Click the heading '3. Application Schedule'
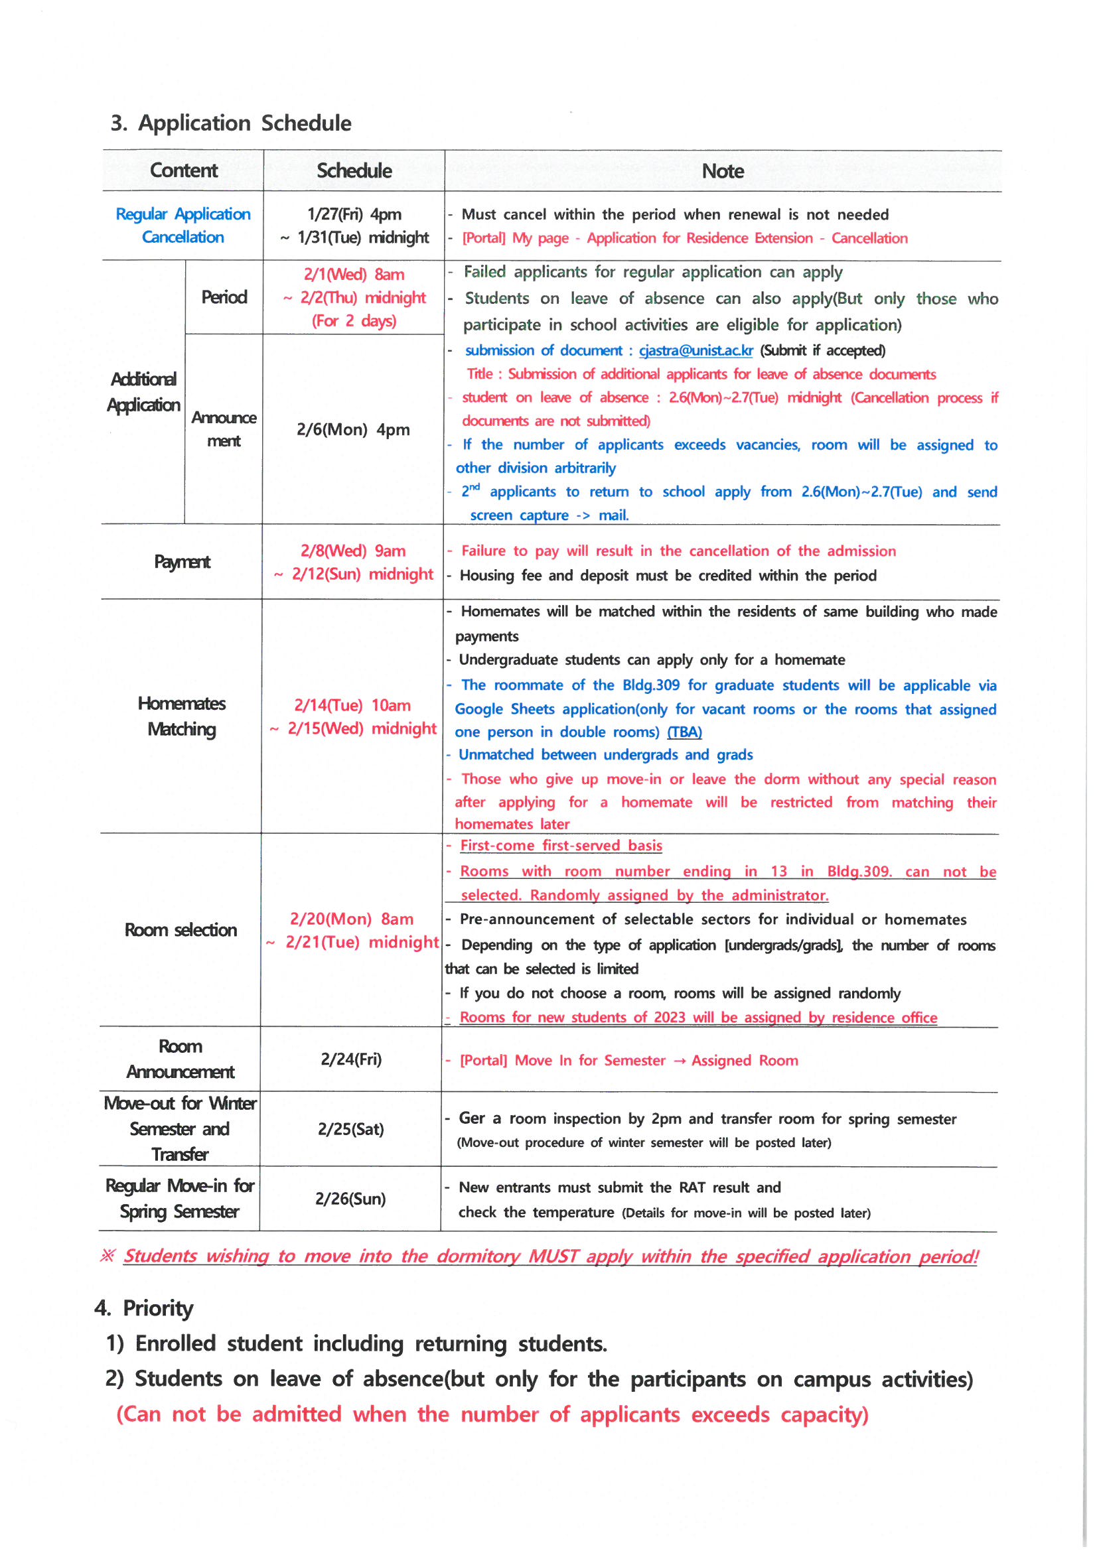230,123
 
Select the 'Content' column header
183,170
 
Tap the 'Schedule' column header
354,170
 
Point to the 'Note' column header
723,171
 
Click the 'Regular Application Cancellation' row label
183,226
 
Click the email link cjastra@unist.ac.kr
695,350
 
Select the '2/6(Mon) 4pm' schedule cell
353,430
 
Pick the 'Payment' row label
182,561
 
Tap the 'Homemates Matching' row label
182,716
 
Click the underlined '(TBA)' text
684,732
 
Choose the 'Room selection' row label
181,930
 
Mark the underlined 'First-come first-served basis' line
560,846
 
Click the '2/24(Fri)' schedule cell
351,1059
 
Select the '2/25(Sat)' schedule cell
351,1130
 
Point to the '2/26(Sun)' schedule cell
350,1199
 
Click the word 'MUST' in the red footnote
553,1256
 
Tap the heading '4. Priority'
144,1308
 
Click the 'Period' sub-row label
224,297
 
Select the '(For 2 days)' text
354,321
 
